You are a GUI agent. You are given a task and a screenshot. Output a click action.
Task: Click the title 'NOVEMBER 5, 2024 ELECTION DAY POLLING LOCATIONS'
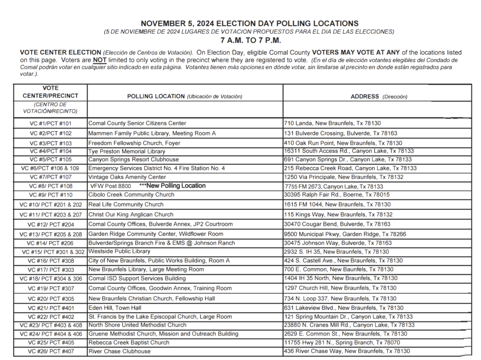point(249,23)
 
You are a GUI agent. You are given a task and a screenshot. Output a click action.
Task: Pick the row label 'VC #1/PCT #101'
point(51,123)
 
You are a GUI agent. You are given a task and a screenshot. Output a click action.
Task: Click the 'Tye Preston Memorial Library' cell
point(127,152)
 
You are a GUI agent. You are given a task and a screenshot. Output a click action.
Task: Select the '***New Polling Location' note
point(172,186)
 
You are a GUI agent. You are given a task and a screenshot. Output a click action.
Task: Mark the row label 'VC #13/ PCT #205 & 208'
point(51,234)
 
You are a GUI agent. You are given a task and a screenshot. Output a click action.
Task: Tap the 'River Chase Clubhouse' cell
point(120,351)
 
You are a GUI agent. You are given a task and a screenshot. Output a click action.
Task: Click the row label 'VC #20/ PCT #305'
point(51,299)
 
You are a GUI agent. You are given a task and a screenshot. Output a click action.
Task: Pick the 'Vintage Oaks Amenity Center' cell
point(127,177)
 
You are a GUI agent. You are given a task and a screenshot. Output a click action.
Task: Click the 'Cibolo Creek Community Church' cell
point(132,195)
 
